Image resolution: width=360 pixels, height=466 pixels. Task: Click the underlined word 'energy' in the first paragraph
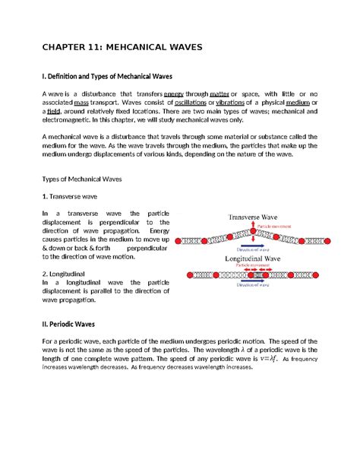pyautogui.click(x=174, y=94)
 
